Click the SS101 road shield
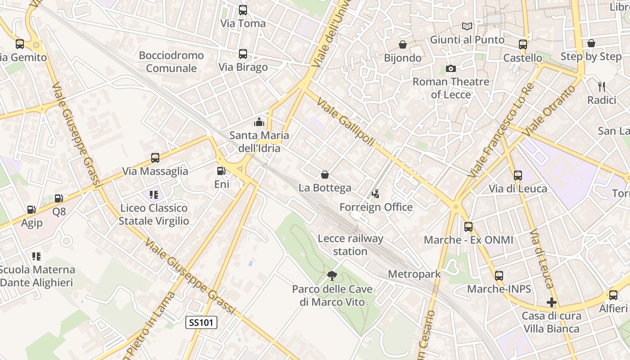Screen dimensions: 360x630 (202, 322)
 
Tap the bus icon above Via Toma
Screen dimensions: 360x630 (243, 10)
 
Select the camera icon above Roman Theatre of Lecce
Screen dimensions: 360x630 (450, 68)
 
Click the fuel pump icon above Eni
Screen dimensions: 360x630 (221, 171)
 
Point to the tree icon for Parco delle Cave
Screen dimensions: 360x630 (332, 275)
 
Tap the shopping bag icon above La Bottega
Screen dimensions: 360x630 (325, 175)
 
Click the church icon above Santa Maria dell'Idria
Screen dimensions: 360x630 (259, 121)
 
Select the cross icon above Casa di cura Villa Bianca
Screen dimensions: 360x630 (552, 302)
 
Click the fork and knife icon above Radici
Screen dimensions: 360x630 (601, 86)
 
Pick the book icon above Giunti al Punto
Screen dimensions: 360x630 (467, 27)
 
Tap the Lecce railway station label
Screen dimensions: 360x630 (350, 245)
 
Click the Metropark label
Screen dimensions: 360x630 (414, 274)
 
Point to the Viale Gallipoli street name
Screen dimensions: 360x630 (346, 121)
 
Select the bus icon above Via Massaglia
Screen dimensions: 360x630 (155, 158)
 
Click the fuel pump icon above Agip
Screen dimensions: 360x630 (31, 209)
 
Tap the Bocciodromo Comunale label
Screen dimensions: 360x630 (171, 62)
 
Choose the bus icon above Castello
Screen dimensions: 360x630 (522, 44)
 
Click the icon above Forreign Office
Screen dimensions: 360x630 (375, 194)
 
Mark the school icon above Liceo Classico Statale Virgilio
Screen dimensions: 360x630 (154, 195)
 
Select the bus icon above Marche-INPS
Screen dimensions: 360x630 (499, 275)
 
